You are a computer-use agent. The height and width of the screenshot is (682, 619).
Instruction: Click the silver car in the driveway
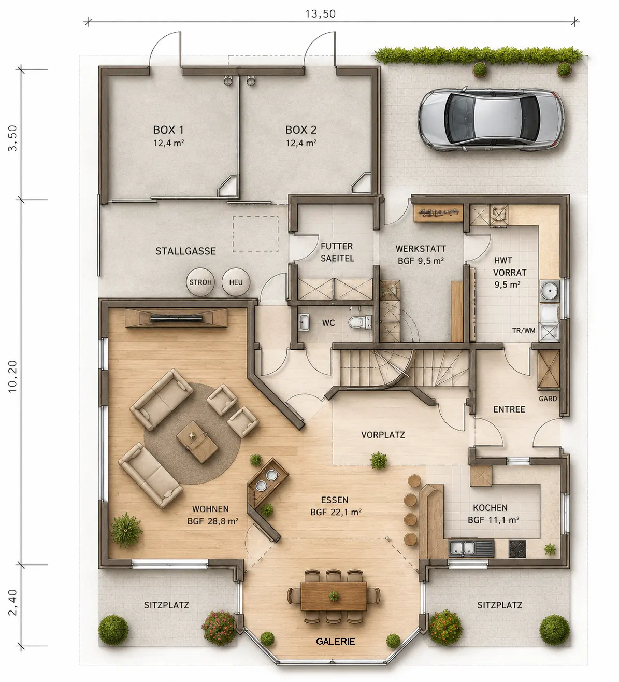[491, 119]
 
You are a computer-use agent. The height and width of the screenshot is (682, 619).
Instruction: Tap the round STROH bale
[200, 282]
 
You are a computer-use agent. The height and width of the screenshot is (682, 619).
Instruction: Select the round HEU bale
[236, 282]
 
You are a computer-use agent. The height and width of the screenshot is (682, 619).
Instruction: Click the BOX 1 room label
[168, 130]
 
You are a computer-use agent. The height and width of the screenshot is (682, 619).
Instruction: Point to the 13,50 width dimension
[320, 13]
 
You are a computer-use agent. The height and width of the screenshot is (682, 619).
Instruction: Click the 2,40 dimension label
[12, 602]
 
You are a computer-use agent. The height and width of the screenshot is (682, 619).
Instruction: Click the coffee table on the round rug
[197, 442]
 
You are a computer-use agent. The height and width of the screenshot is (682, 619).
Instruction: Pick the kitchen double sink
[471, 547]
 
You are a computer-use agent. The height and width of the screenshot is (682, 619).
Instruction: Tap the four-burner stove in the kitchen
[517, 549]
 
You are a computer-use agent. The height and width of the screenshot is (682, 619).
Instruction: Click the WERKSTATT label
[421, 249]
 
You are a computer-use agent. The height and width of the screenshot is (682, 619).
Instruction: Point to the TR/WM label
[524, 330]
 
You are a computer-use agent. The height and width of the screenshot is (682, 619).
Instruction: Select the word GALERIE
[335, 641]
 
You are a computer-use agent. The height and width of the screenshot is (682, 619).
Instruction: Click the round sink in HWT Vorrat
[549, 290]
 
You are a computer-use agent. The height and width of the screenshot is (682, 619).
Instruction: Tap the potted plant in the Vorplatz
[378, 461]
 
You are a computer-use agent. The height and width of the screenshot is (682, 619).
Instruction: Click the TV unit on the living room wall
[176, 318]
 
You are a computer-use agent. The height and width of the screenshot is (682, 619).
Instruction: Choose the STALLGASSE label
[185, 251]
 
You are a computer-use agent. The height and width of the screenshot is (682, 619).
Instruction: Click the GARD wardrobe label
[548, 399]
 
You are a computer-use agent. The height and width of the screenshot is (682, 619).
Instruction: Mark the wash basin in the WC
[304, 322]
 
